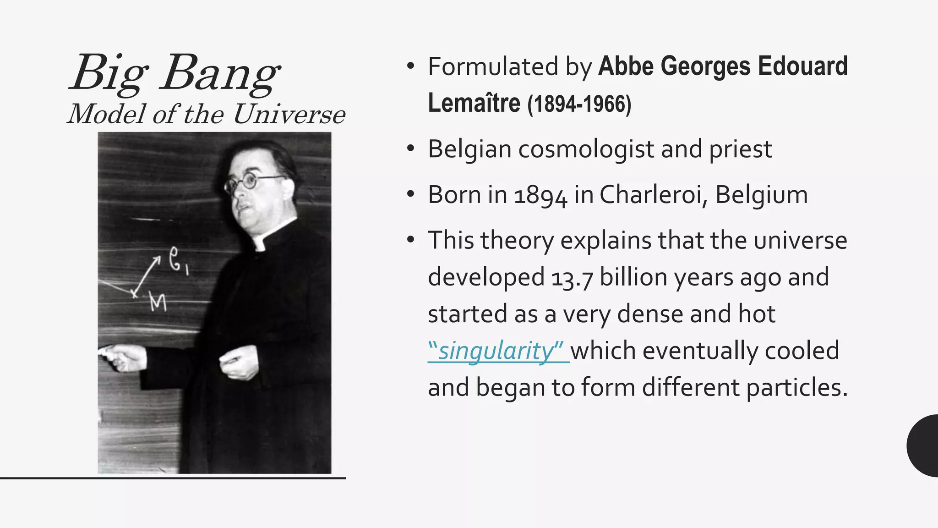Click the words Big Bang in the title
pyautogui.click(x=175, y=73)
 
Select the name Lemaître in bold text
pyautogui.click(x=474, y=103)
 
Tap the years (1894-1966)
pyautogui.click(x=579, y=104)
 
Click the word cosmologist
pyautogui.click(x=586, y=149)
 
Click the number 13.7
pyautogui.click(x=572, y=278)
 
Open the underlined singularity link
pyautogui.click(x=497, y=351)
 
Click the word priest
pyautogui.click(x=740, y=149)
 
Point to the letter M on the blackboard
pyautogui.click(x=158, y=302)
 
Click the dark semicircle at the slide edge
pyautogui.click(x=923, y=445)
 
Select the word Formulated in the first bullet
pyautogui.click(x=493, y=66)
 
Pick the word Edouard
pyautogui.click(x=802, y=66)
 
